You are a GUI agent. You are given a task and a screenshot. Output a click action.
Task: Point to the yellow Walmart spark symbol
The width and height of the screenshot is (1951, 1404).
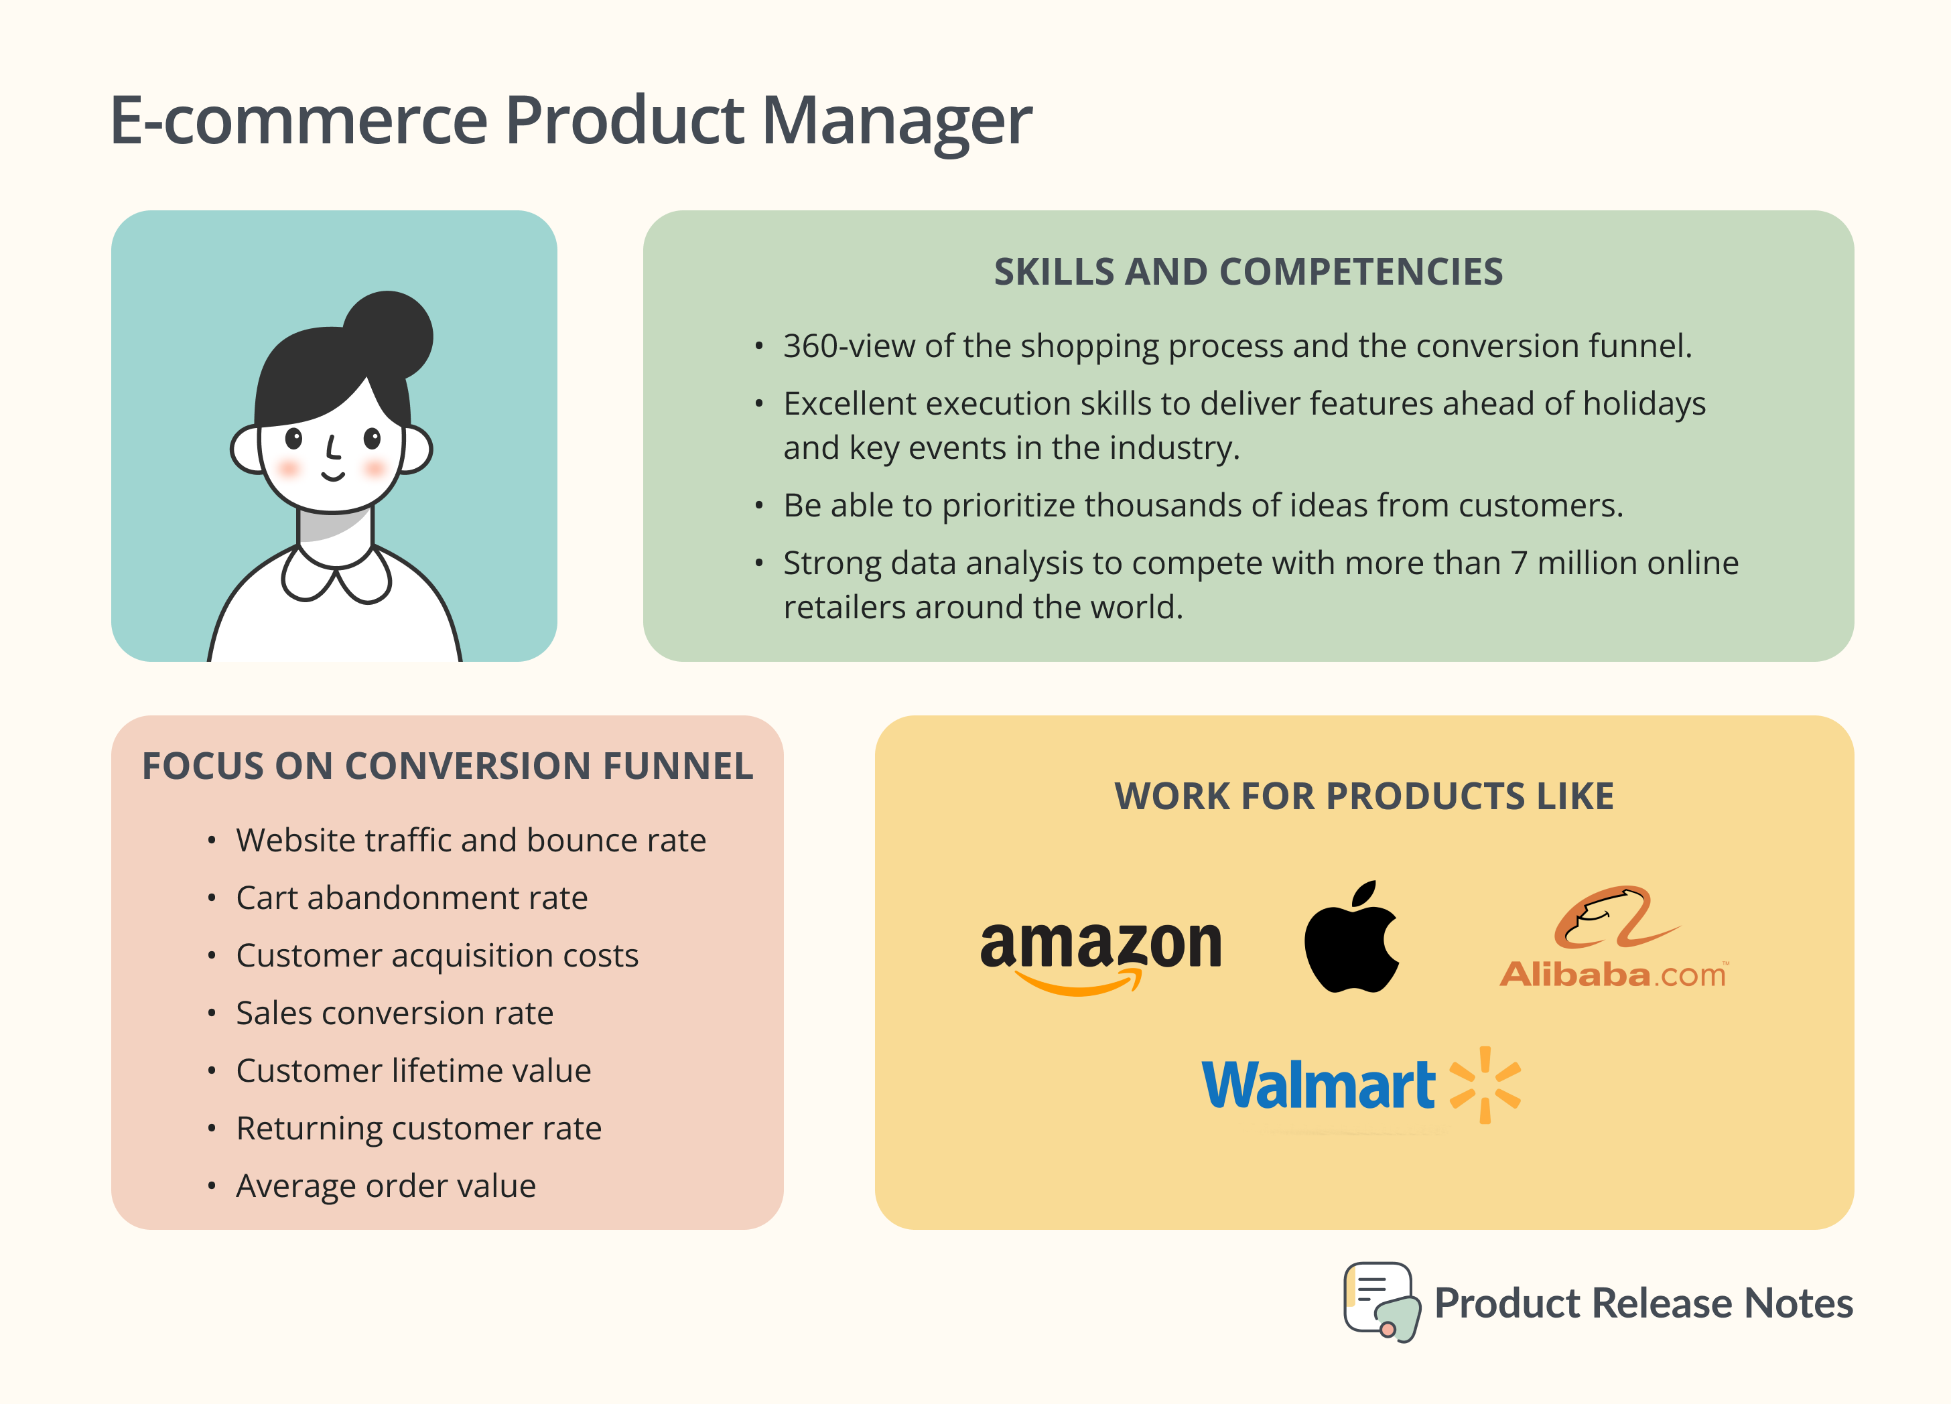pyautogui.click(x=1485, y=1085)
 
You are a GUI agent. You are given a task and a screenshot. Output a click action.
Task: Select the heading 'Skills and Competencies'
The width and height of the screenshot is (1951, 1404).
pyautogui.click(x=1248, y=272)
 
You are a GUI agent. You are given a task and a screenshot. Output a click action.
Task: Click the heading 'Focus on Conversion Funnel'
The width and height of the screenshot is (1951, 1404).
pyautogui.click(x=448, y=766)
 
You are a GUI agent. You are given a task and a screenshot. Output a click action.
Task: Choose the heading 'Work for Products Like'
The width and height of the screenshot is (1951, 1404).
pyautogui.click(x=1363, y=796)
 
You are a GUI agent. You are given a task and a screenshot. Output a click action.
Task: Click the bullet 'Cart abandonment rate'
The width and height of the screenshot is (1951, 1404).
pyautogui.click(x=411, y=898)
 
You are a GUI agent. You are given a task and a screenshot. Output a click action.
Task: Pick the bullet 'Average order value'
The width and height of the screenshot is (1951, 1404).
pyautogui.click(x=385, y=1186)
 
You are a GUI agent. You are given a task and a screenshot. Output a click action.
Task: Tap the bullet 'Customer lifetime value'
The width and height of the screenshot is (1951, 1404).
pyautogui.click(x=413, y=1071)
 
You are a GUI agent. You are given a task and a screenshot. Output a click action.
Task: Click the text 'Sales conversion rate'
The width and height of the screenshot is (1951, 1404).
pyautogui.click(x=394, y=1013)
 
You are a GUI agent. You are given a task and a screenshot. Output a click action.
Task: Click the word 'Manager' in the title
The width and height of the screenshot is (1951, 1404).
pyautogui.click(x=896, y=121)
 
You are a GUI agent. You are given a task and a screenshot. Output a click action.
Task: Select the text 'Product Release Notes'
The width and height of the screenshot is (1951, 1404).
pyautogui.click(x=1643, y=1304)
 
